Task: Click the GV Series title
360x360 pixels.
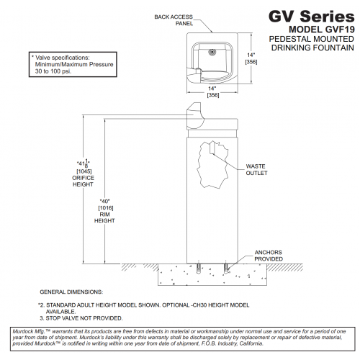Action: click(x=311, y=17)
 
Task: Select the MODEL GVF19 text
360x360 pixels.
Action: click(x=322, y=30)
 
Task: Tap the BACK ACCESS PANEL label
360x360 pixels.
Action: click(x=174, y=20)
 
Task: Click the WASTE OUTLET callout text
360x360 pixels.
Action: click(x=256, y=169)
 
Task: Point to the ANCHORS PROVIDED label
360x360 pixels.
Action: click(x=269, y=256)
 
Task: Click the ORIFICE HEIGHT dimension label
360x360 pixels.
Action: click(x=83, y=181)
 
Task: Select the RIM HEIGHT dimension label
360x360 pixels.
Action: click(x=104, y=217)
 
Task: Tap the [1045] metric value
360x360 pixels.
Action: click(x=84, y=171)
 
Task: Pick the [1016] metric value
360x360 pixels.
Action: click(x=106, y=208)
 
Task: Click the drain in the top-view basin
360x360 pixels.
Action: click(x=212, y=52)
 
